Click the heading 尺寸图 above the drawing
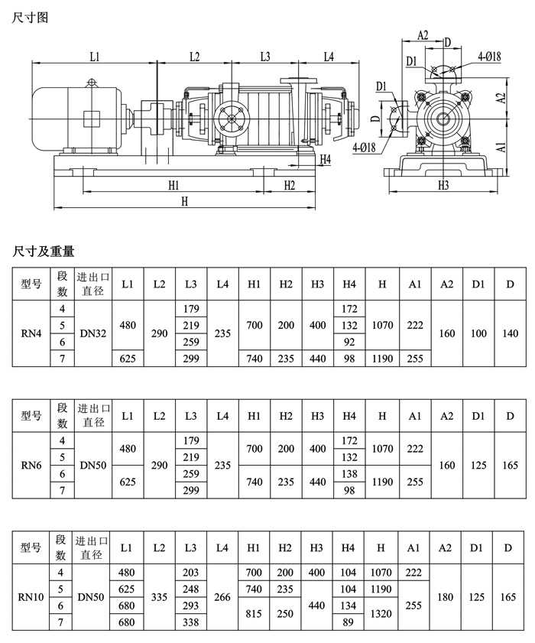30,18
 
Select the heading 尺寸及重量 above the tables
44,251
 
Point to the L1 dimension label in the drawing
95,57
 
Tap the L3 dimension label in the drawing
265,57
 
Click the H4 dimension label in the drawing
325,160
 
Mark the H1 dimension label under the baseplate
173,185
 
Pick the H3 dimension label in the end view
443,185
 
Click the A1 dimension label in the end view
501,147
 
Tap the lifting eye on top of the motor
92,83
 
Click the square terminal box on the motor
91,119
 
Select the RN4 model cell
31,333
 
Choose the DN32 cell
93,333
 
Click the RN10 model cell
31,597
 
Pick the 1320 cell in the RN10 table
381,613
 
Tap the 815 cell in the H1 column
254,613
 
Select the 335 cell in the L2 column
159,597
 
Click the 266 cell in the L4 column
222,597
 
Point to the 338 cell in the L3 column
190,622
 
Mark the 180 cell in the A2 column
446,597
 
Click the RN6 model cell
31,466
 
